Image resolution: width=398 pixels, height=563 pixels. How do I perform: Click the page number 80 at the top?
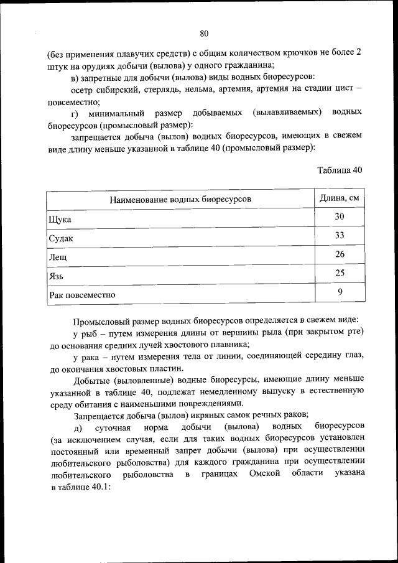tap(204, 33)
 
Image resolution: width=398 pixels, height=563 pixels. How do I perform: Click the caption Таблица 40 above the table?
tap(339, 170)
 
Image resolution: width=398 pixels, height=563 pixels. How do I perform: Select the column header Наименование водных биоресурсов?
tap(180, 199)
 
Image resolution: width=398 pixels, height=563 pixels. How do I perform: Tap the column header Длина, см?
tap(340, 198)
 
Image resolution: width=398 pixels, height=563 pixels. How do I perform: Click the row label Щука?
tap(60, 220)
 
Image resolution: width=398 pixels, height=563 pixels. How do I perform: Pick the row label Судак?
tap(61, 238)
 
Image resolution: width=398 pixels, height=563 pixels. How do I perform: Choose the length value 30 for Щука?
tap(340, 216)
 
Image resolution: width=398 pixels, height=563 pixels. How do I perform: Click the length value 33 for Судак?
tap(340, 235)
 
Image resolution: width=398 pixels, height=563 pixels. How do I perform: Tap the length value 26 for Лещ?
tap(340, 254)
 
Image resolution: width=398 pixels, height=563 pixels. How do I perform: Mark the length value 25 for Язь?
tap(340, 272)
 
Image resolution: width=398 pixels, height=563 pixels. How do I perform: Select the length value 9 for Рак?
tap(340, 291)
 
